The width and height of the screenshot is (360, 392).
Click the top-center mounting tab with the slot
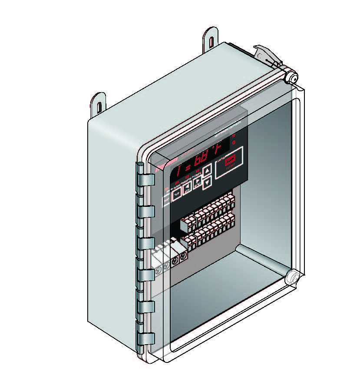pos(211,41)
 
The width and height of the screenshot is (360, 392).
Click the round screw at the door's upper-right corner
pos(291,79)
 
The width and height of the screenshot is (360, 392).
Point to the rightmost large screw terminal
pos(183,257)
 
